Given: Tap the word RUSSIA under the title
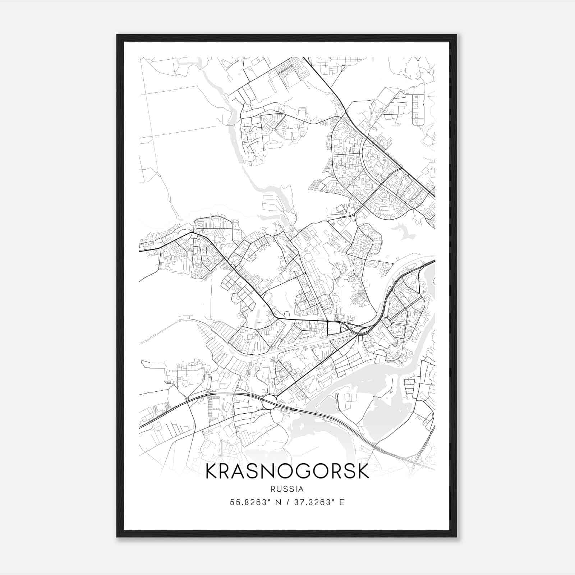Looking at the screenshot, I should click(x=287, y=489).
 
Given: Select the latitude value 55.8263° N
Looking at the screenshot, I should click(x=256, y=502).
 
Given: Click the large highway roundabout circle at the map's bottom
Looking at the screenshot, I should click(x=270, y=402).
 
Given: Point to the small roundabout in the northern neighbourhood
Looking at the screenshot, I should click(x=273, y=129).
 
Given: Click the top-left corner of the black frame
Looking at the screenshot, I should click(x=118, y=35).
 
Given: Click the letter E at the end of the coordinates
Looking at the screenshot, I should click(x=342, y=502).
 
